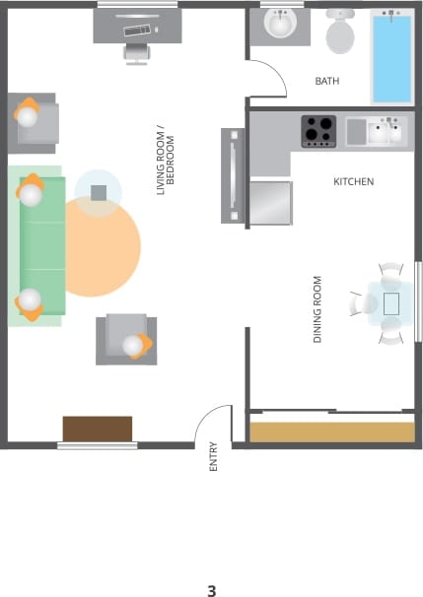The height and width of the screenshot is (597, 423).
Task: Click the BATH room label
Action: (x=326, y=81)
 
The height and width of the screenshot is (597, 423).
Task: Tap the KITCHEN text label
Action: (x=353, y=182)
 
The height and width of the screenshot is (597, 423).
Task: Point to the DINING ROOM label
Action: (x=318, y=308)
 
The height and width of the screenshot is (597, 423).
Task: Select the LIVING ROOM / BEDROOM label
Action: (x=170, y=160)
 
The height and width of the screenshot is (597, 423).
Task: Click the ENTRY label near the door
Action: (x=214, y=456)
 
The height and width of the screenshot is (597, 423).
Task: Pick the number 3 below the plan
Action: (x=211, y=591)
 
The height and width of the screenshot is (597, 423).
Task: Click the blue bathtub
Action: (x=391, y=57)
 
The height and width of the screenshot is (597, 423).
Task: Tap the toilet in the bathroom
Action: (x=340, y=33)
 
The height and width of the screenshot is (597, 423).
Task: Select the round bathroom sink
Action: (x=281, y=23)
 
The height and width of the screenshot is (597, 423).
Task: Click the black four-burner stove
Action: (x=318, y=130)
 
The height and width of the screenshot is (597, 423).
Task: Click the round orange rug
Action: (x=102, y=246)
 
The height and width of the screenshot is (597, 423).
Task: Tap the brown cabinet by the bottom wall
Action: (x=98, y=429)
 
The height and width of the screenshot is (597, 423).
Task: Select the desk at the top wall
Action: (x=138, y=24)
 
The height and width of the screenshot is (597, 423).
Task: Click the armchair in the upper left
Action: (x=33, y=121)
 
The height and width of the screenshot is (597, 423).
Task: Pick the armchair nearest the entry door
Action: (x=127, y=339)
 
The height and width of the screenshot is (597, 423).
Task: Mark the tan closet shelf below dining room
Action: (x=331, y=431)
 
